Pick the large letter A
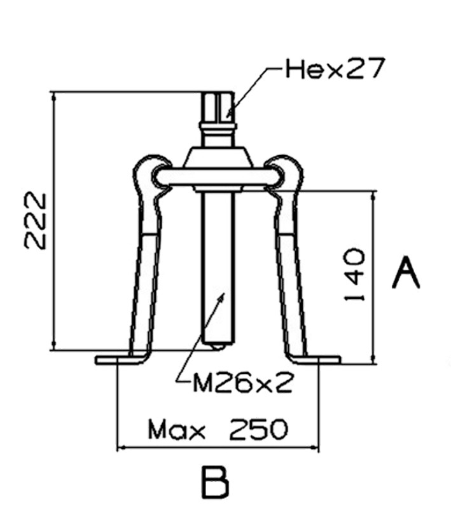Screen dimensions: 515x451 pyautogui.click(x=405, y=273)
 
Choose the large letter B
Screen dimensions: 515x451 pyautogui.click(x=216, y=483)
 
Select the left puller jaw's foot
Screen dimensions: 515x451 pyautogui.click(x=121, y=360)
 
